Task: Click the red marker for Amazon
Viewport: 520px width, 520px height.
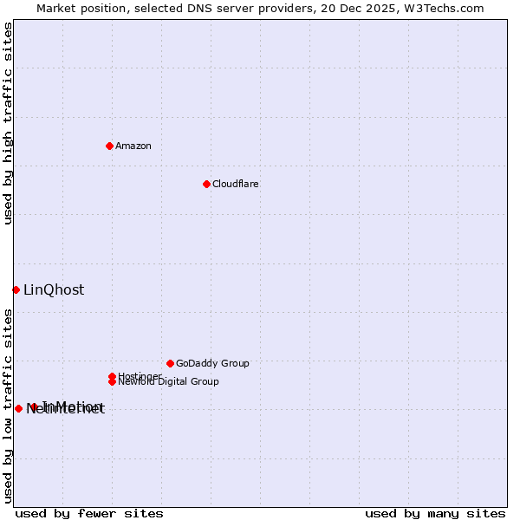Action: [109, 146]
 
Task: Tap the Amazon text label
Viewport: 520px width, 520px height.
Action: [133, 146]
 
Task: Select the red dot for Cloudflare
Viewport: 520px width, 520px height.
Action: [206, 184]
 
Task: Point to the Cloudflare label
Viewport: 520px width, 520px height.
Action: [236, 184]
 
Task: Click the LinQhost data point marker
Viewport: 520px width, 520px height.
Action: [16, 289]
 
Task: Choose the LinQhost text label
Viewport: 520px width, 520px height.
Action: [54, 290]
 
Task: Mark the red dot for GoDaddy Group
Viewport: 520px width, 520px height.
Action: [170, 363]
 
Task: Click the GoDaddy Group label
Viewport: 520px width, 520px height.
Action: [212, 363]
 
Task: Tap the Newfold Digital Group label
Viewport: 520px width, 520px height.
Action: [169, 381]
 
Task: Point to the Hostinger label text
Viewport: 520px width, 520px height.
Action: [139, 376]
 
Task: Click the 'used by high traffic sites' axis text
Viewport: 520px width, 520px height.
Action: [9, 123]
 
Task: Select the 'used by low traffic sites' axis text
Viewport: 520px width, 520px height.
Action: [9, 406]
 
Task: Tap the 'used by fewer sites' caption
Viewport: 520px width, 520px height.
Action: [89, 513]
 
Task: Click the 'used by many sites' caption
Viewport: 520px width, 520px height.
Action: [435, 513]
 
